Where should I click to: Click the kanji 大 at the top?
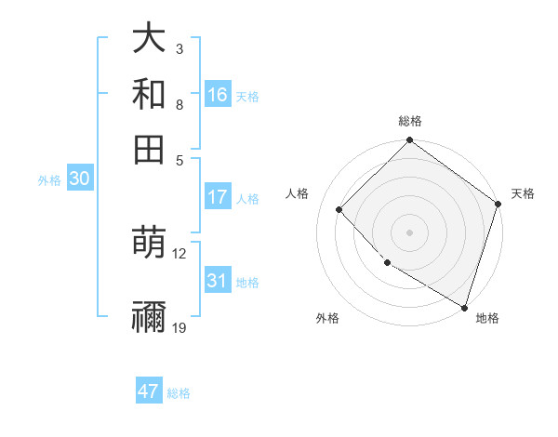tap(150, 40)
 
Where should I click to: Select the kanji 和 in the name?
tap(150, 94)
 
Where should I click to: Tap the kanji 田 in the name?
tap(150, 148)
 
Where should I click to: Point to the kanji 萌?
tap(150, 244)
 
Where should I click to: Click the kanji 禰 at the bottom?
tap(150, 317)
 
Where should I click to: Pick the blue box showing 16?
tap(218, 94)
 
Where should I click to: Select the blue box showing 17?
tap(218, 197)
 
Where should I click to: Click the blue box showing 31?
tap(218, 281)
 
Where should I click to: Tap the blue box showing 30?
tap(79, 179)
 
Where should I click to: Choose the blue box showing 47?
tap(149, 391)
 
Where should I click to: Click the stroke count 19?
tap(179, 327)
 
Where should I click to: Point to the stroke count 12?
tap(179, 253)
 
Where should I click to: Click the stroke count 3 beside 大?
tap(179, 49)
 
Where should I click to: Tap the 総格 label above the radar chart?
tap(410, 121)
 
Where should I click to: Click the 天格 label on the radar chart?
tap(523, 193)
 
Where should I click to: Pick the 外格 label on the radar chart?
tap(327, 318)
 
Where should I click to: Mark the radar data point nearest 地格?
tap(464, 307)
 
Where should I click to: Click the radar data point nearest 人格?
tap(339, 209)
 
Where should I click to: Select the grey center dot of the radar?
tap(409, 232)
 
